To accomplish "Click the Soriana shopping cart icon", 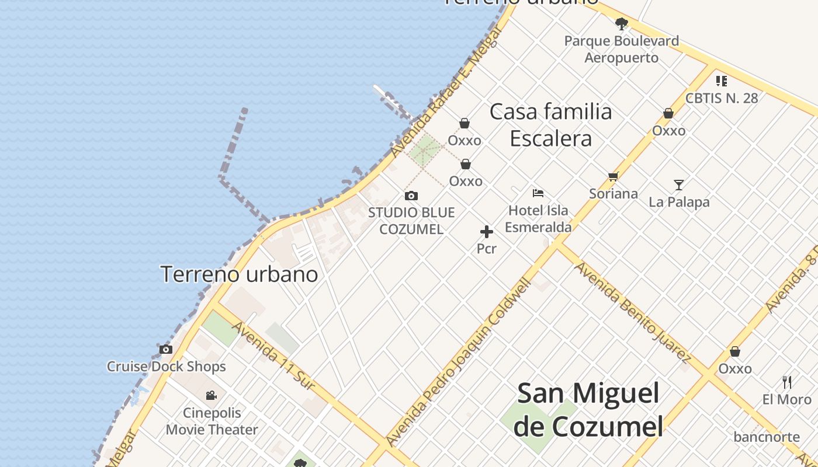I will (x=613, y=176).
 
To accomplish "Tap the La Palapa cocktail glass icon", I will (x=678, y=185).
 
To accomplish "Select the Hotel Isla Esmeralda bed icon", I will (x=538, y=193).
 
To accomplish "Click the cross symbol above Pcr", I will (x=486, y=232).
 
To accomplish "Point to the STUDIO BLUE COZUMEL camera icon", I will (x=411, y=196).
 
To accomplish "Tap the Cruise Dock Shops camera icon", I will (x=166, y=350).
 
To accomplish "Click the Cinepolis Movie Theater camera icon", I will (x=212, y=396).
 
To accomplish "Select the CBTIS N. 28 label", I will (x=722, y=98).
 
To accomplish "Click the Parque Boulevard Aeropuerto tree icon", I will (x=621, y=24).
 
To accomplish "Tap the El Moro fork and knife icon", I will (x=787, y=383).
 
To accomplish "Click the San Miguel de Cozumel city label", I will (x=588, y=410).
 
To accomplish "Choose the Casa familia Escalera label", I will (x=551, y=125).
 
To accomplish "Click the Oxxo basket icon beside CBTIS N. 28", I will (x=668, y=113).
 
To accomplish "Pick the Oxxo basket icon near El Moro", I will (x=735, y=351).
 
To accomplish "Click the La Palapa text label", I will (x=679, y=203).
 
